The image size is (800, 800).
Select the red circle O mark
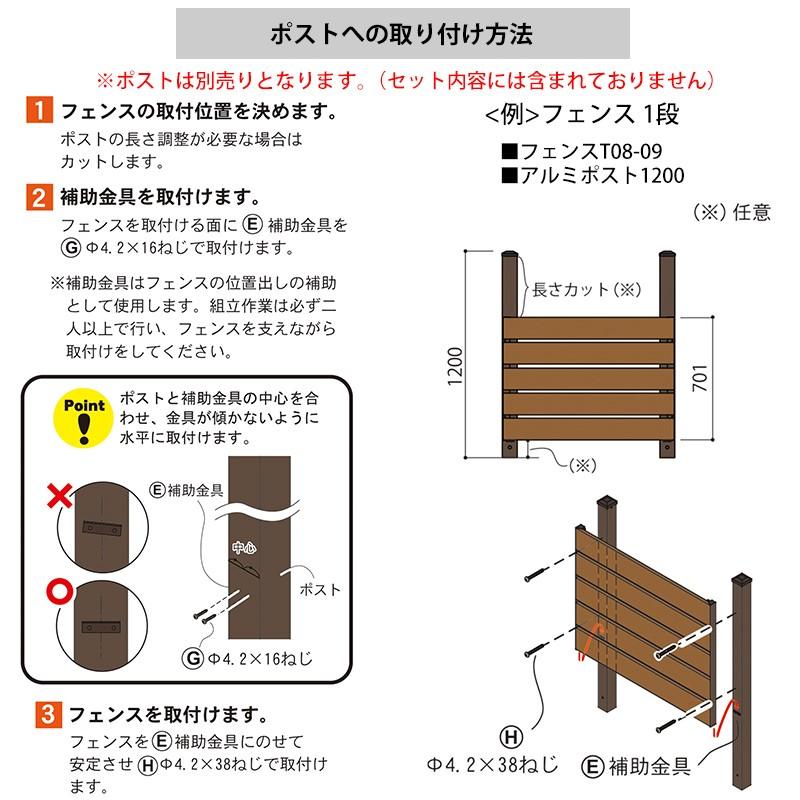(x=61, y=591)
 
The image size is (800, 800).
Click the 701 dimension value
(x=728, y=381)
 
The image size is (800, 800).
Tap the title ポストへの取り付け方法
(x=401, y=34)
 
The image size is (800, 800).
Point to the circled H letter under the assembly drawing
(x=511, y=738)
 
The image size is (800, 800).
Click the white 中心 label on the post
(x=244, y=548)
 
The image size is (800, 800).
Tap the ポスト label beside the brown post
(x=320, y=590)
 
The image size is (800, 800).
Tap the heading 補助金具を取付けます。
(x=164, y=196)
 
